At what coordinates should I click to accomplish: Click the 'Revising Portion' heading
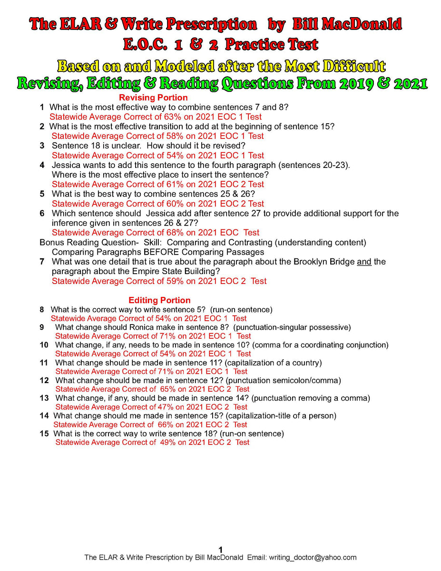[x=153, y=98]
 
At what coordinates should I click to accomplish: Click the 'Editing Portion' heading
[x=159, y=300]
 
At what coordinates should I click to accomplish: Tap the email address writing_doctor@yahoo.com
[x=313, y=557]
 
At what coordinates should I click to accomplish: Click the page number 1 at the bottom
[x=220, y=550]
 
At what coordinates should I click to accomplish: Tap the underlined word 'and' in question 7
[x=364, y=262]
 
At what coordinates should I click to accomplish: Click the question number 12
[x=44, y=380]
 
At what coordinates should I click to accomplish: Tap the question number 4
[x=42, y=165]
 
